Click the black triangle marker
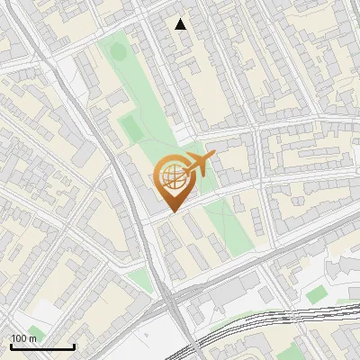pyautogui.click(x=181, y=24)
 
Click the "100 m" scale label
pyautogui.click(x=23, y=337)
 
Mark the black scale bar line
pyautogui.click(x=42, y=346)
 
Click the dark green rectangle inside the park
pyautogui.click(x=132, y=126)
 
